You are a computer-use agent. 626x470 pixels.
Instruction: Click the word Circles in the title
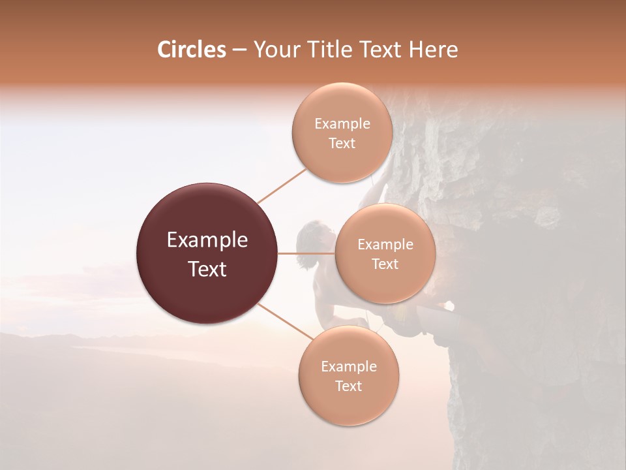click(x=191, y=50)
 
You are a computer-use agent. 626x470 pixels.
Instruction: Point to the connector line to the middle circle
click(x=306, y=253)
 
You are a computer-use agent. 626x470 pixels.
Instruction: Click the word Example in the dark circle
click(x=207, y=240)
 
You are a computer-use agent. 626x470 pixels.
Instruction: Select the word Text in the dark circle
click(x=207, y=268)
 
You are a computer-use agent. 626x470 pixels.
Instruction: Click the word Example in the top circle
click(x=342, y=123)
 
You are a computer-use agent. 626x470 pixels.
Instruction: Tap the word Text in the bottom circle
click(x=348, y=386)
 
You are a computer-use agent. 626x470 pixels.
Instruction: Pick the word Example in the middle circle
click(x=385, y=244)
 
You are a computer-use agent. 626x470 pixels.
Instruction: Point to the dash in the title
click(x=239, y=50)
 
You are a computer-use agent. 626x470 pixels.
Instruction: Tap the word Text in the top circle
click(x=342, y=143)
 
